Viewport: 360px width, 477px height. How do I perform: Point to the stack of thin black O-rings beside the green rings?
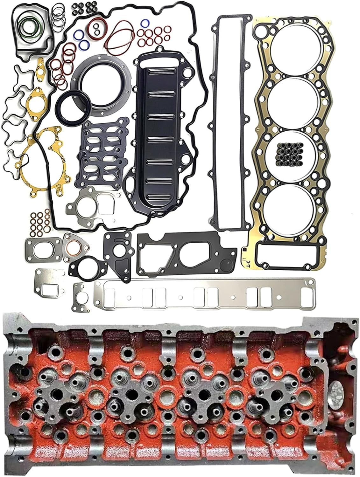59,16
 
